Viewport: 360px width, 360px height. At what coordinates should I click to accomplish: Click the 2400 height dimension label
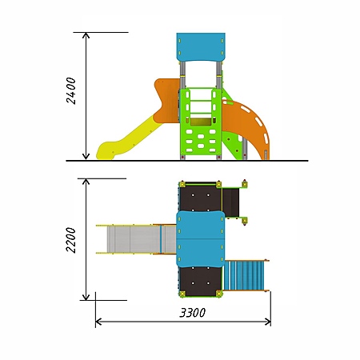[71, 90]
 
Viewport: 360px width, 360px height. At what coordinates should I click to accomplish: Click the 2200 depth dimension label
[71, 240]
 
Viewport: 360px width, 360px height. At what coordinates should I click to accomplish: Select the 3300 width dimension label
[193, 313]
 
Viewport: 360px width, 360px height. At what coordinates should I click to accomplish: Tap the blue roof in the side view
[201, 47]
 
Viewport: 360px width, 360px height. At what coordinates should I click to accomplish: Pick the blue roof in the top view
[201, 239]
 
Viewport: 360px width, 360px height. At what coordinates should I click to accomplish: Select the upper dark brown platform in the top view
[201, 198]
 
